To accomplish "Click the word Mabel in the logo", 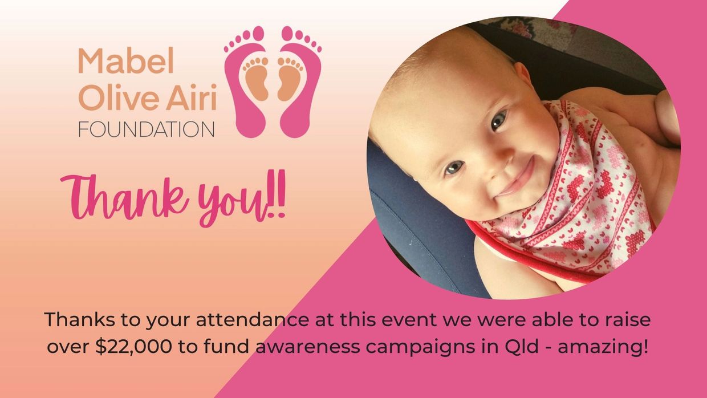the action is pyautogui.click(x=126, y=60).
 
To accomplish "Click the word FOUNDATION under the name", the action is pyautogui.click(x=147, y=129).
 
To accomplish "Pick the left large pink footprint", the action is pyautogui.click(x=245, y=82).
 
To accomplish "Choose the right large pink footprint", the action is pyautogui.click(x=301, y=82).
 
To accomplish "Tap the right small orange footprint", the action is pyautogui.click(x=290, y=79).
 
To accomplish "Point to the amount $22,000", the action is pyautogui.click(x=134, y=347).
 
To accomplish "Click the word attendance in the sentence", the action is pyautogui.click(x=253, y=319).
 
